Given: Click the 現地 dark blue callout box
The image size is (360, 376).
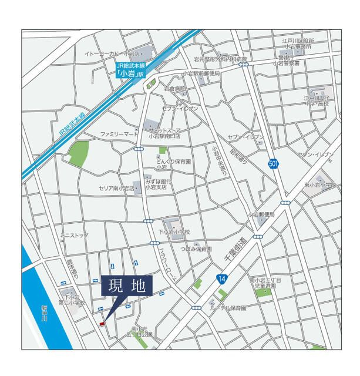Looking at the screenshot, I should pyautogui.click(x=127, y=288).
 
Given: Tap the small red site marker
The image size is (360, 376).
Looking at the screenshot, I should pyautogui.click(x=102, y=323).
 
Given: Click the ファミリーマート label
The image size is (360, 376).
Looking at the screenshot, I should pyautogui.click(x=119, y=135).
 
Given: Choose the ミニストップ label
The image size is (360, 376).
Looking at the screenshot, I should pyautogui.click(x=74, y=236).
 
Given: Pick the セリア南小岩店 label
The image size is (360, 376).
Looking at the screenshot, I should pyautogui.click(x=117, y=189).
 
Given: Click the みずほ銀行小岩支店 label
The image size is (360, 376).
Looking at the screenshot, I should pyautogui.click(x=157, y=185).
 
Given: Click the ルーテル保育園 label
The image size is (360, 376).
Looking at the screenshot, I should pyautogui.click(x=230, y=307).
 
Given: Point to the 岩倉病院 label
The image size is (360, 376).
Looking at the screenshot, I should pyautogui.click(x=174, y=89).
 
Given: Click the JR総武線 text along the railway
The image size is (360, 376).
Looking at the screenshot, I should pyautogui.click(x=72, y=127).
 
